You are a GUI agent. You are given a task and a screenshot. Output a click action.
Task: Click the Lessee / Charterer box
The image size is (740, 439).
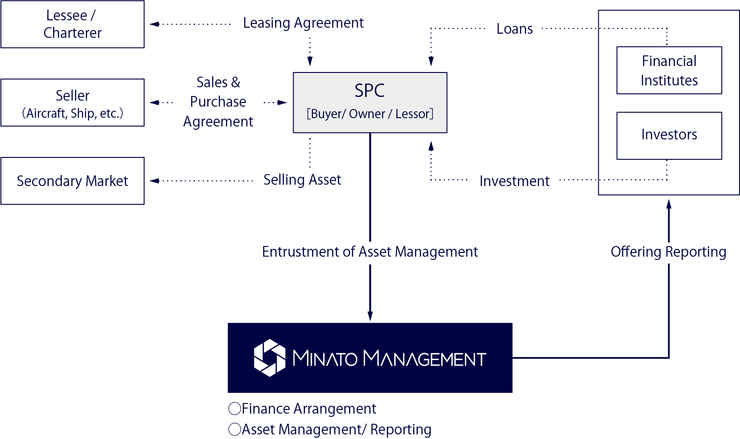coord(72,24)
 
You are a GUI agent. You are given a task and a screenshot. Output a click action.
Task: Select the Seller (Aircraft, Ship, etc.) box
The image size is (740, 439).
coord(72,103)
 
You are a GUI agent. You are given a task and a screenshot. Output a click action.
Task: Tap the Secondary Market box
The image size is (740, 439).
coord(72,181)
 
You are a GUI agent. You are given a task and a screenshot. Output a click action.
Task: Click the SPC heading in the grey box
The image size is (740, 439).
coord(370,90)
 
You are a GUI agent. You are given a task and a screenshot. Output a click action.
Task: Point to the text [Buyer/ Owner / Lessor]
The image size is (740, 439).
coord(370,114)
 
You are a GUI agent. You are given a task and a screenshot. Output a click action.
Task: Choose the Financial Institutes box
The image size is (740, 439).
coord(669,71)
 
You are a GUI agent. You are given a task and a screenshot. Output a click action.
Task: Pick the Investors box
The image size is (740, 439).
coord(669,135)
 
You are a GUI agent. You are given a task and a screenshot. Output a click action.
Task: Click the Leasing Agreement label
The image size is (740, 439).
coord(303,23)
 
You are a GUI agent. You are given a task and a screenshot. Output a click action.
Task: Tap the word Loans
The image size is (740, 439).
coord(514,29)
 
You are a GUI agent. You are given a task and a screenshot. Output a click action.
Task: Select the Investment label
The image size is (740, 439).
coord(514,181)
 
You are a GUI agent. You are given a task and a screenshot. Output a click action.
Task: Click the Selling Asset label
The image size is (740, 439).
coord(302,180)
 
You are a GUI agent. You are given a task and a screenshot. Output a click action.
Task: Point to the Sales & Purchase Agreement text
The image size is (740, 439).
coord(218,102)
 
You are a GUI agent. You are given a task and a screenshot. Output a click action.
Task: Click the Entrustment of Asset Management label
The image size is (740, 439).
coord(370,252)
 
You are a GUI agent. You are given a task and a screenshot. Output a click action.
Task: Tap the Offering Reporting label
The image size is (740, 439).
coord(668,252)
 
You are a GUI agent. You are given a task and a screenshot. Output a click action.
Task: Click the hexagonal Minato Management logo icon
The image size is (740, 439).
coord(270,358)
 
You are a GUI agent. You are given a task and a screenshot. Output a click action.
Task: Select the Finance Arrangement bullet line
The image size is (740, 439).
coord(303,409)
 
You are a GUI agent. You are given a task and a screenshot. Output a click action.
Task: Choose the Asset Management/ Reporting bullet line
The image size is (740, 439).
coord(331,429)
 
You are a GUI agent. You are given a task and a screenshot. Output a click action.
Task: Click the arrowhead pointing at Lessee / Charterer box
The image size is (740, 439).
coord(154,24)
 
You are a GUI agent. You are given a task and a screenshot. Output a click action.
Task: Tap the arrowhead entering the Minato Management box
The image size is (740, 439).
coord(370,316)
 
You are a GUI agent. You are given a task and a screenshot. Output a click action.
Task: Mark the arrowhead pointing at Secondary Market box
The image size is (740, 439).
coord(154,181)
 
